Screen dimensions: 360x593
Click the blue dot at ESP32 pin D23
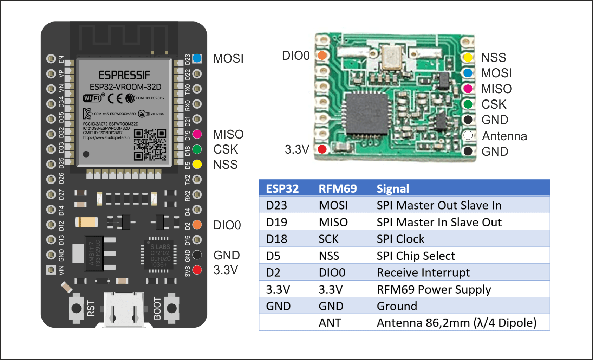197,58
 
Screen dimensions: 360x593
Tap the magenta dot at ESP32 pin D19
197,134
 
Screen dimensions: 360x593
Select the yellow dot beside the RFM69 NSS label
468,57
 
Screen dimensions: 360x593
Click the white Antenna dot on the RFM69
468,135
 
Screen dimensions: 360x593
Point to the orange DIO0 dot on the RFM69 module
322,56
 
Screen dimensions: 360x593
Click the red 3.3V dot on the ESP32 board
197,270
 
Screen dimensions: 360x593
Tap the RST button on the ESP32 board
77,308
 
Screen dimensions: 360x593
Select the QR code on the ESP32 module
150,144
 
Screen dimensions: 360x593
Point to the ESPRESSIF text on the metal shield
124,75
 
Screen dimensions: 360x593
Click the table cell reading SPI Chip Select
416,256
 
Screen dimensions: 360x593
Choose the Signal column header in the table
393,189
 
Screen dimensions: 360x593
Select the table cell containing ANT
330,323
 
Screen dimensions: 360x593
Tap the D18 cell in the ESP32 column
277,239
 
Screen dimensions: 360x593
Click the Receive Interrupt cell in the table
423,272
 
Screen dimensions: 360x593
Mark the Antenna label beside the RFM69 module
504,136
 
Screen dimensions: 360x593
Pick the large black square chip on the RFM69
366,114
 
